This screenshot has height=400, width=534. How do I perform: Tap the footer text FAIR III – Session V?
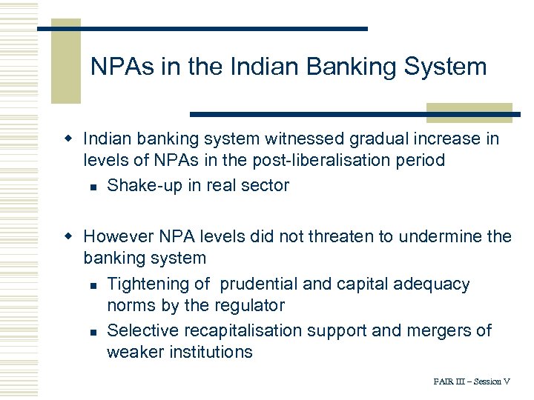(x=472, y=381)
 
